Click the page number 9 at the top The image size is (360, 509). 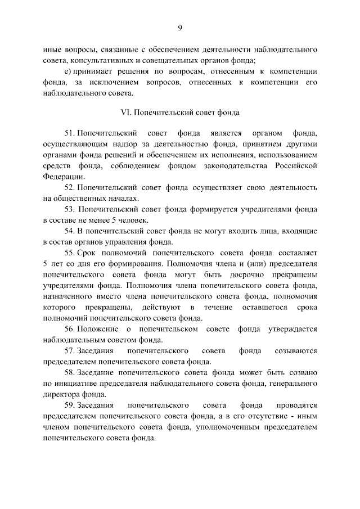coord(180,28)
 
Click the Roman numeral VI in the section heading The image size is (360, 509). coord(126,112)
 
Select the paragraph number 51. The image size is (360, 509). coord(70,133)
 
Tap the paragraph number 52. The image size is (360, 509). coord(70,187)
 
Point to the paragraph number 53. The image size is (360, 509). coord(70,208)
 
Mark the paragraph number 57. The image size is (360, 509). coord(70,351)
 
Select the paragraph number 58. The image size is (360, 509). coord(70,372)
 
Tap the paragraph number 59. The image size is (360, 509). coord(70,405)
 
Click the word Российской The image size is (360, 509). coord(296,165)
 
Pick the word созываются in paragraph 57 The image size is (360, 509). coord(296,351)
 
